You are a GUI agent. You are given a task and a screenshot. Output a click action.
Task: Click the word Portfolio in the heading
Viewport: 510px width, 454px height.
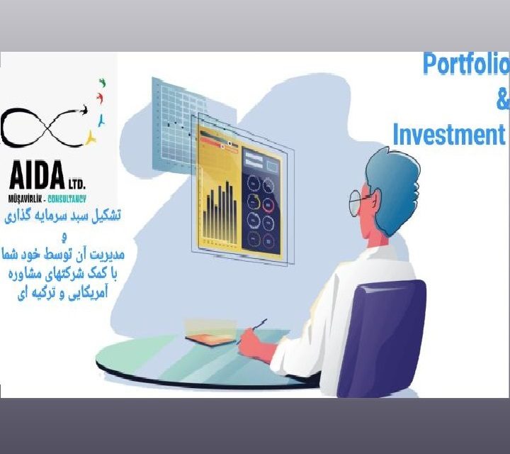466,64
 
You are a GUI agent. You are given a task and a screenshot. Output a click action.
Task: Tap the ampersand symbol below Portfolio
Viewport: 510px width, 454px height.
503,100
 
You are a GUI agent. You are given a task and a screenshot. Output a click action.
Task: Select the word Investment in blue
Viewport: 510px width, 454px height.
449,134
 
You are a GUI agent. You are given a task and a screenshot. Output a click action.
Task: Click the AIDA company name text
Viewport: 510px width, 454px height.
37,175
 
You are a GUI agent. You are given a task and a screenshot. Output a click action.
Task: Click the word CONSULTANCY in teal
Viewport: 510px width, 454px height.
67,199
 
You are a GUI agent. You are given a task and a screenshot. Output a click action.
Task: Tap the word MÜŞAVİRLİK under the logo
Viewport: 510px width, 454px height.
25,199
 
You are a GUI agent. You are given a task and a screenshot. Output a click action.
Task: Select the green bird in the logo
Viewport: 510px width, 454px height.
103,83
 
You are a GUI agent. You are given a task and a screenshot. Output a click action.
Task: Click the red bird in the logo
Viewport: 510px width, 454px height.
101,98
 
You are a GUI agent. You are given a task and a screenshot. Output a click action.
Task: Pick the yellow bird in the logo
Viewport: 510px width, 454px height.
91,138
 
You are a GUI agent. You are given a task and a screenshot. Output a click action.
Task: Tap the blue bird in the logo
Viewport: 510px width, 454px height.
102,121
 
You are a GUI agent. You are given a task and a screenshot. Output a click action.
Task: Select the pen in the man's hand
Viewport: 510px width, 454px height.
254,331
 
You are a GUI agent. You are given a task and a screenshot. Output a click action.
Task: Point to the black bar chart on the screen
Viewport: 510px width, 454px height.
220,214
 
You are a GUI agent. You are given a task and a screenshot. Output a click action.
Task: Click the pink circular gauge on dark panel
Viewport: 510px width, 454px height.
268,204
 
